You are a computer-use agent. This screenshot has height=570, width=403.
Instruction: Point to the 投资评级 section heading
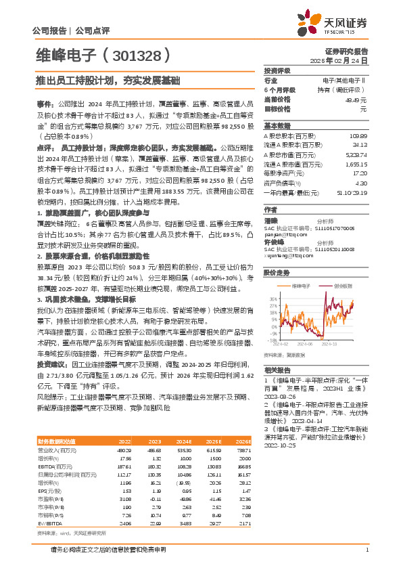click(x=277, y=70)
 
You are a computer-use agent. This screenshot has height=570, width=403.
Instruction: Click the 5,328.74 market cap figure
click(x=356, y=154)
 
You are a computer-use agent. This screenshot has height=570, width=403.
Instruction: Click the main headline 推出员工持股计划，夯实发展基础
click(x=108, y=81)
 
